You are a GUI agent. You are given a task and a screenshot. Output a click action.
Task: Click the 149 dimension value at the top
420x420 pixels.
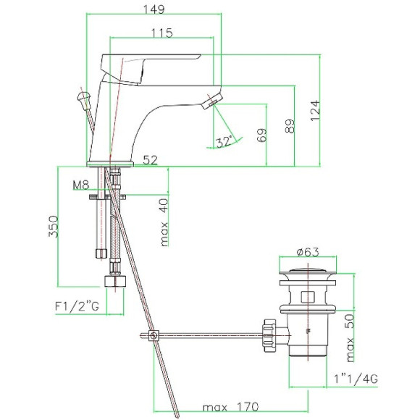coord(154,9)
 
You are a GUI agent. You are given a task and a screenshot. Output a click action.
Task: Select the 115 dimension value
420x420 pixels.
coord(162,33)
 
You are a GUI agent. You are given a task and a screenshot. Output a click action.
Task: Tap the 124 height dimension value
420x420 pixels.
coord(315,110)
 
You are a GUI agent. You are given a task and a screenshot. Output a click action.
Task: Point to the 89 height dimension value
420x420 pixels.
coord(290,126)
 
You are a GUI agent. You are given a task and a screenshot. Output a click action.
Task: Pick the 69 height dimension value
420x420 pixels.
coord(261,135)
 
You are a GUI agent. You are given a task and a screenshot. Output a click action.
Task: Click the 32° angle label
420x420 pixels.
coord(224,142)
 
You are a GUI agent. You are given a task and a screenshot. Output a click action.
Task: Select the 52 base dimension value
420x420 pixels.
coord(151,160)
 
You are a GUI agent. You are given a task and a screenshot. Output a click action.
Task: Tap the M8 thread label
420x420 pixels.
coord(80,185)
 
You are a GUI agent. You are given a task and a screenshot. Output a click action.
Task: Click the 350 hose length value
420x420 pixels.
coord(53,227)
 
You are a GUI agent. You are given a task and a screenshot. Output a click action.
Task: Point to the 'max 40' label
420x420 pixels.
coord(164,222)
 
